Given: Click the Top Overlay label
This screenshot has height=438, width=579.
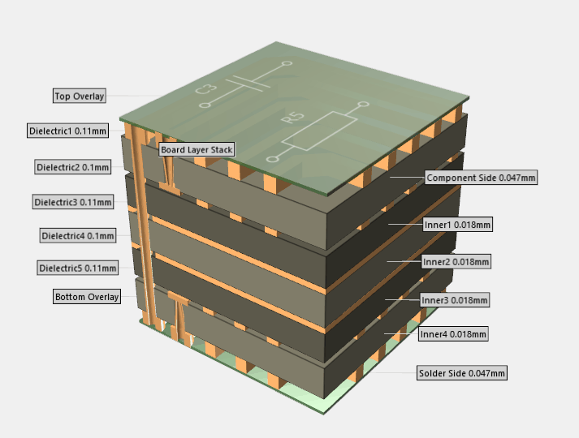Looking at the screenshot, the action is coord(80,96).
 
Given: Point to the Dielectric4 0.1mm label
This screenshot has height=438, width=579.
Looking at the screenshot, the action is coord(78,235).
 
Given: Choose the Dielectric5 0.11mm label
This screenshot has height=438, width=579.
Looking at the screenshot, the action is coord(78,268).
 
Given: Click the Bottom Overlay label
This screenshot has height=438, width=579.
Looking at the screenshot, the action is coord(87,296).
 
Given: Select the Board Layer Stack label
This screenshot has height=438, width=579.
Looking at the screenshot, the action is coord(197,149).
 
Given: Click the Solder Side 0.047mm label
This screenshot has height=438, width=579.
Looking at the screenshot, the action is coord(462,373).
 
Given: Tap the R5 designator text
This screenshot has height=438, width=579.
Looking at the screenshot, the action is coord(290,120).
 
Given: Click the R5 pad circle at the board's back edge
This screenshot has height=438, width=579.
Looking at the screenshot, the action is coord(364,105).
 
